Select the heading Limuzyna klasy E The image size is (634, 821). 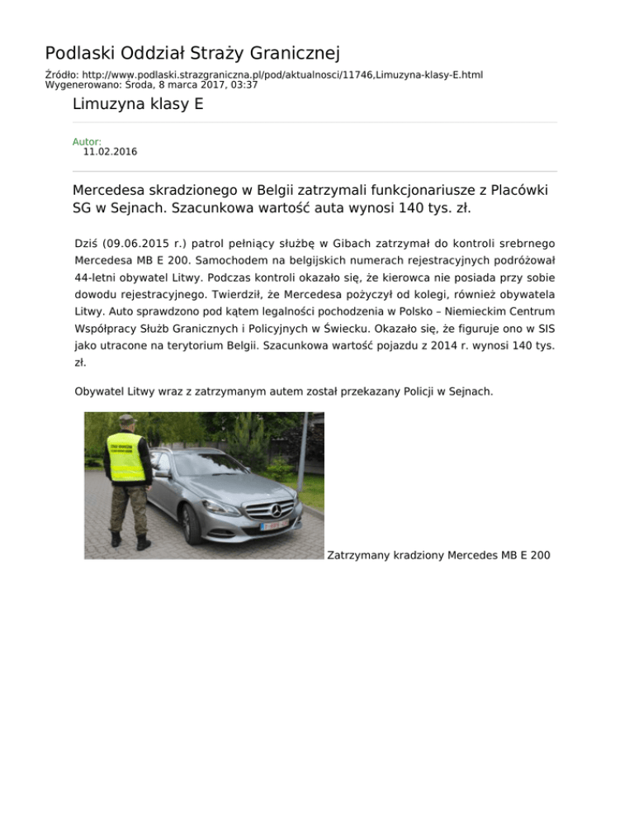tap(138, 104)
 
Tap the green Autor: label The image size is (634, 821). tap(87, 142)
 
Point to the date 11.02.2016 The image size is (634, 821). tap(110, 152)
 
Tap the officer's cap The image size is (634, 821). tap(126, 420)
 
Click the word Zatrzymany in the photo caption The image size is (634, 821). tap(358, 554)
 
